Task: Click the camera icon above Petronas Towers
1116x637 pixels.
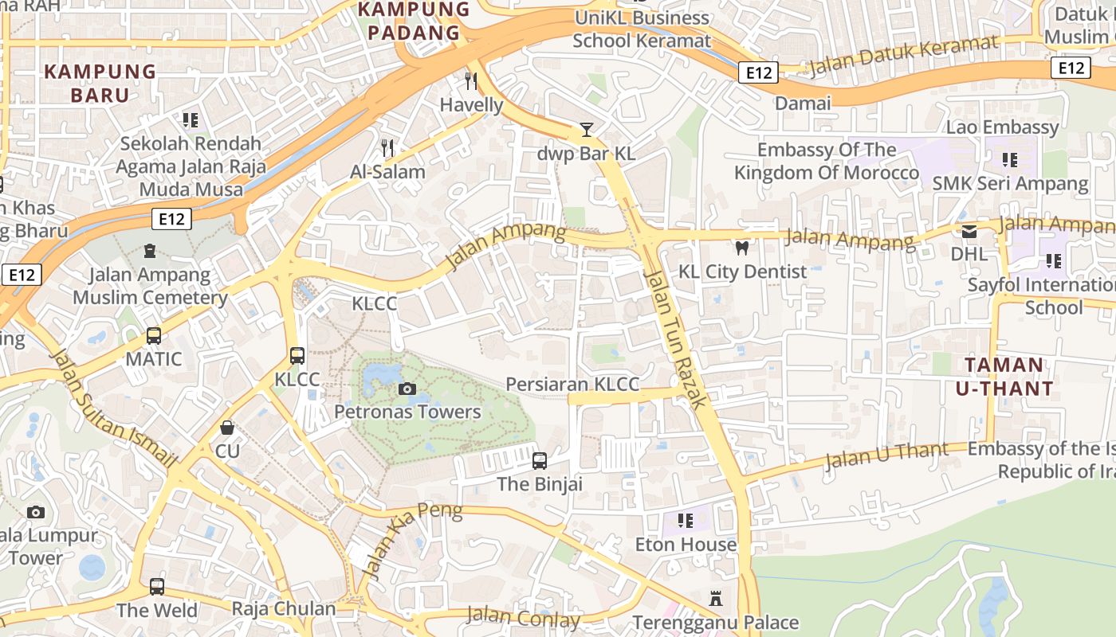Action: pos(407,389)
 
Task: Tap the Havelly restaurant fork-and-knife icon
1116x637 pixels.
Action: pos(471,81)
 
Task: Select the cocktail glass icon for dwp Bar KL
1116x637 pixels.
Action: pos(587,129)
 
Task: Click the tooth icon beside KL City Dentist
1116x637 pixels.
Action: pos(742,248)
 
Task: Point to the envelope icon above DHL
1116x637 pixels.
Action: pos(969,232)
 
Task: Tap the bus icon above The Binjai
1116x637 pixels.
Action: pos(540,460)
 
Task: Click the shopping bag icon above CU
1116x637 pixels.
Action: pos(227,428)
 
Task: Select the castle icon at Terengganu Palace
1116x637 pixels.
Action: pos(715,598)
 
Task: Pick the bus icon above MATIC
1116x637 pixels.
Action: pos(154,336)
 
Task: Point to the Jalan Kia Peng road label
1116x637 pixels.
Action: pos(411,540)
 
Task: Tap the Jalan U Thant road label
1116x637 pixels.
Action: pos(886,455)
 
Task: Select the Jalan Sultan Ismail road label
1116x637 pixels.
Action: pos(112,407)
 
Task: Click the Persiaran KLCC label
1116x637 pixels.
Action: pos(572,385)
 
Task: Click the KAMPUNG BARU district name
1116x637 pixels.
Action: pos(100,83)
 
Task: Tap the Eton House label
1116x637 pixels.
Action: pos(686,545)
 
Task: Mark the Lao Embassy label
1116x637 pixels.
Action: pos(1002,127)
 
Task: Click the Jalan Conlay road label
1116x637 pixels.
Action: pos(523,617)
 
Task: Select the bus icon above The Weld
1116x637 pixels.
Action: pos(157,587)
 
